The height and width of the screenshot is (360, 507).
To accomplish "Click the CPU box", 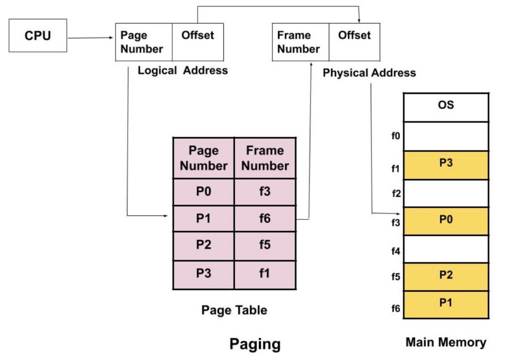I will coord(38,36).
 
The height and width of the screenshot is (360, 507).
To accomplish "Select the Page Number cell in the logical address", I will coord(144,42).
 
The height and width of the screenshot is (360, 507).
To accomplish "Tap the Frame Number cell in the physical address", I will coord(301,42).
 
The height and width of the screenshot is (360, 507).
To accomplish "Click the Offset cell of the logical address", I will coord(198,42).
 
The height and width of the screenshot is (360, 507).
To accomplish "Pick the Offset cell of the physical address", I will coord(354,42).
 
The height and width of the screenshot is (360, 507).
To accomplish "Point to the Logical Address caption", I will coord(183,70).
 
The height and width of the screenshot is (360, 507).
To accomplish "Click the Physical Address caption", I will coord(369,73).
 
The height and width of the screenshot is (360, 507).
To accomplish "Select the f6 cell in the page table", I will coord(265,218).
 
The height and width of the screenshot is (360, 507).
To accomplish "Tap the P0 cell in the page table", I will coord(203,191).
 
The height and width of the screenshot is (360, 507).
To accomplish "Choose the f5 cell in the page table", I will coord(265,245).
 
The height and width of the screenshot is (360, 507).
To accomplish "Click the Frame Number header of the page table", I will coord(265,158).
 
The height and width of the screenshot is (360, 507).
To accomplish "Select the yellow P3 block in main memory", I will coord(446,165).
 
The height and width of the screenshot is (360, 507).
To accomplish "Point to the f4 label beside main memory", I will coord(396,251).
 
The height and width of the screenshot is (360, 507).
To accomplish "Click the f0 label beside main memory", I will coord(396,136).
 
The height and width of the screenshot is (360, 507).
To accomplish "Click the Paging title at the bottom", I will coord(255,344).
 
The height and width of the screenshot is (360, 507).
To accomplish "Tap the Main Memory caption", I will coord(446,342).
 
